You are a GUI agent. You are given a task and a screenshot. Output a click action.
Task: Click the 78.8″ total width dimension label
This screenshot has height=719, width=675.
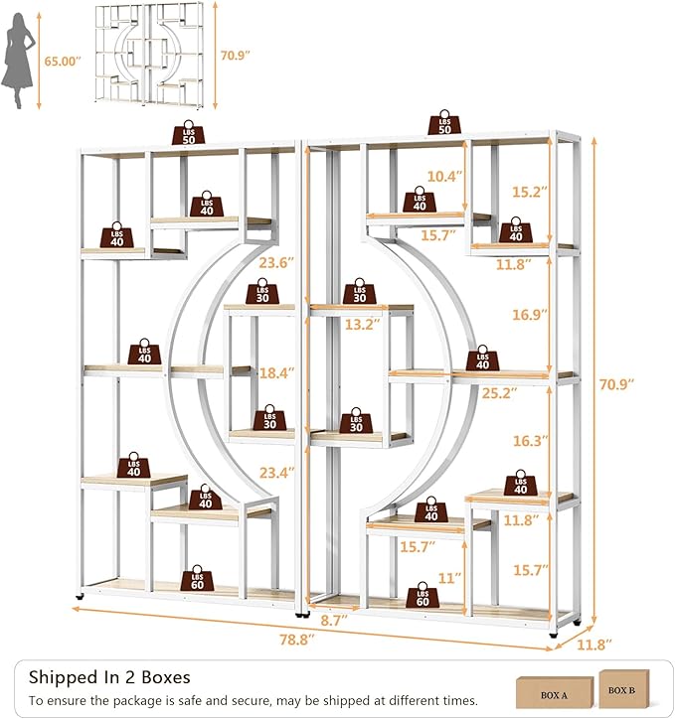(297, 640)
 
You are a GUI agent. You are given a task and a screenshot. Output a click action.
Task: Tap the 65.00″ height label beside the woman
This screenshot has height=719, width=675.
(63, 61)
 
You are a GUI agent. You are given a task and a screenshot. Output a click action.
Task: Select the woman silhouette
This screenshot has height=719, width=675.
(18, 61)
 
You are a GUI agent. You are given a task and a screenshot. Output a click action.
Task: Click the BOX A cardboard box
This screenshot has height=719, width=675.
(555, 692)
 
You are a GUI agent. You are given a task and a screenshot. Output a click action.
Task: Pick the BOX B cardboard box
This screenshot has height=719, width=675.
(624, 689)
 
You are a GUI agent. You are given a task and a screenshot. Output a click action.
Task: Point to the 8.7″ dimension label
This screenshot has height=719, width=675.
(334, 621)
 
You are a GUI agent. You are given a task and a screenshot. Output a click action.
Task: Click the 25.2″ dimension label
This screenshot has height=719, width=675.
(499, 393)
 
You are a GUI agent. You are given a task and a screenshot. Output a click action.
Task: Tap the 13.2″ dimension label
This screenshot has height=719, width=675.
(363, 324)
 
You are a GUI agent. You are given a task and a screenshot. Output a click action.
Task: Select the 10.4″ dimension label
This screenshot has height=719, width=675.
(444, 176)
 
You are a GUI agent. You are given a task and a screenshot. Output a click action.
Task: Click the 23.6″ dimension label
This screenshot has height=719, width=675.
(276, 263)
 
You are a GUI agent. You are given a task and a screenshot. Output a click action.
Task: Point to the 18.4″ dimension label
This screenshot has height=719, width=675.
(276, 372)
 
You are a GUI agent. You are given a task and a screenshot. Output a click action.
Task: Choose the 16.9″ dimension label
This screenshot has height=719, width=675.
(530, 314)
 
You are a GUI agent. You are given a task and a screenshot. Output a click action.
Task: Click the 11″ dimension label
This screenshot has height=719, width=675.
(449, 578)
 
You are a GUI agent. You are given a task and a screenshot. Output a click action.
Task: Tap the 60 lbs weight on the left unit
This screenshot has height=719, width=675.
(197, 578)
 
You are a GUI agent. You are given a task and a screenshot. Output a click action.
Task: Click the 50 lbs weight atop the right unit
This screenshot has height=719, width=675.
(444, 122)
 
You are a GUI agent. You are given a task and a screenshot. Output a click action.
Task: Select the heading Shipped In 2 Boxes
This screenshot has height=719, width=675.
(109, 677)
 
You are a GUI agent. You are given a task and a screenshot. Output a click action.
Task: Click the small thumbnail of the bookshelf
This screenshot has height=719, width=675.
(149, 55)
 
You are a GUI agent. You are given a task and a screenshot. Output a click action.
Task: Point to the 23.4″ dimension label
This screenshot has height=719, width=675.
(276, 473)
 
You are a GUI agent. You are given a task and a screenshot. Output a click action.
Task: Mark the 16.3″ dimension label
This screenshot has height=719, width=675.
(531, 441)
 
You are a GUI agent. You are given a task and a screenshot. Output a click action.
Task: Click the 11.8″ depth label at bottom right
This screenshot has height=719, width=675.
(593, 645)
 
